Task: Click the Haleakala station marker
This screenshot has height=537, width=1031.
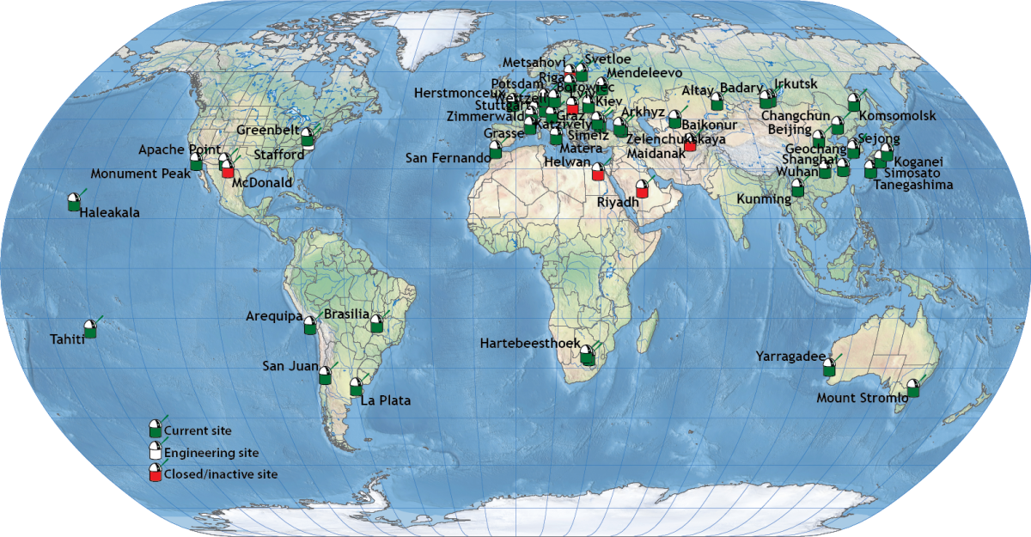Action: coord(74,203)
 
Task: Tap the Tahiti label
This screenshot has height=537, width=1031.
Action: coord(67,339)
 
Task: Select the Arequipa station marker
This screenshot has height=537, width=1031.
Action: coord(309,326)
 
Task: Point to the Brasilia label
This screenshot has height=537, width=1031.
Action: coord(346,314)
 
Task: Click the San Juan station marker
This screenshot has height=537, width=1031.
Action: coord(325,375)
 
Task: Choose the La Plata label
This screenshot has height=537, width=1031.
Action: coord(386,400)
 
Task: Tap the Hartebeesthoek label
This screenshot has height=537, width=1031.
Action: coord(528,344)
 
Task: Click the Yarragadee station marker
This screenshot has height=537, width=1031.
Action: coord(828,368)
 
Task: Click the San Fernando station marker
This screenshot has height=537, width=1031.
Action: coord(495,150)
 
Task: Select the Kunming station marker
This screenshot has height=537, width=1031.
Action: coord(797,188)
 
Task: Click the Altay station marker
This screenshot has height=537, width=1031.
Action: coord(717,102)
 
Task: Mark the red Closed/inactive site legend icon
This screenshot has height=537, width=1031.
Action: coord(155,473)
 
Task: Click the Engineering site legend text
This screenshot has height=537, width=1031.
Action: coord(211,453)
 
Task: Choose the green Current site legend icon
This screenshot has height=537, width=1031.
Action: coord(155,429)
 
